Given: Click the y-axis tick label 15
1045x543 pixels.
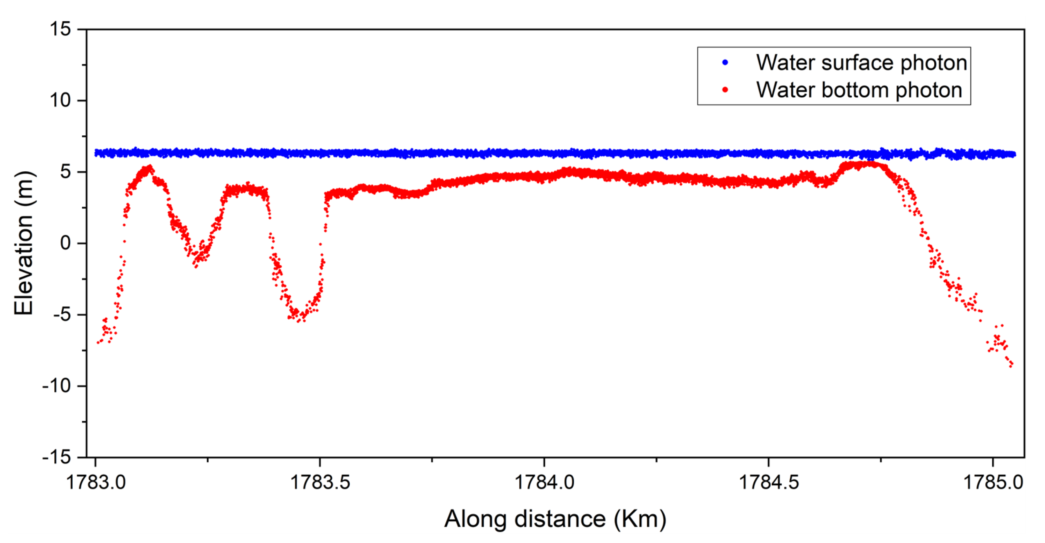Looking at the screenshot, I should (60, 29).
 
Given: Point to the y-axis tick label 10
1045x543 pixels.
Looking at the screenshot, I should (60, 100).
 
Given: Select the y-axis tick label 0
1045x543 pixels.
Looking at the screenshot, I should (65, 243).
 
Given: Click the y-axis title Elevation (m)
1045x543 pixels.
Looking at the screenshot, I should (23, 243).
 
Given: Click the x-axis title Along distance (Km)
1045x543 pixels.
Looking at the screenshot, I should (555, 518).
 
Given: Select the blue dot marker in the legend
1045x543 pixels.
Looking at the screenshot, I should (725, 63).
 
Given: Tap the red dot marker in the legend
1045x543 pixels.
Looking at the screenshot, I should (725, 90).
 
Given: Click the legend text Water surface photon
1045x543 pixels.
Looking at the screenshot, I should (861, 63).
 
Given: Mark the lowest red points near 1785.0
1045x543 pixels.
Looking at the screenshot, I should (1010, 365).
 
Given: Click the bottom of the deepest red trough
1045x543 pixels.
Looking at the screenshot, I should (299, 320).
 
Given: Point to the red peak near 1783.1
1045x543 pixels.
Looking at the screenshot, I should (150, 167).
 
